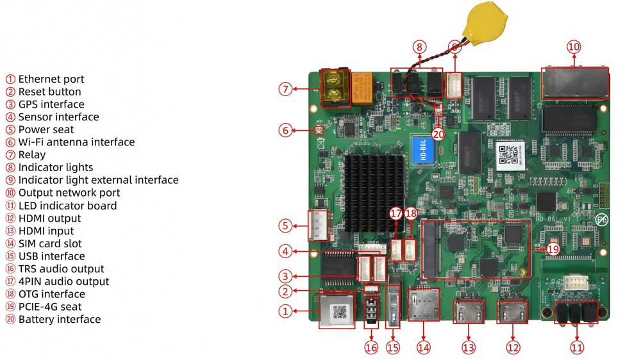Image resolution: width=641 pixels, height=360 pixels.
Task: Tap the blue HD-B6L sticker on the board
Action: point(423,149)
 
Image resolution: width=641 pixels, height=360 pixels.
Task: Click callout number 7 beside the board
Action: point(286,90)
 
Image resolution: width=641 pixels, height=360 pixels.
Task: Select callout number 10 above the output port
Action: point(573,47)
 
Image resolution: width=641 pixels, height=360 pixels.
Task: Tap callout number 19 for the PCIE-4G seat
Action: point(552,249)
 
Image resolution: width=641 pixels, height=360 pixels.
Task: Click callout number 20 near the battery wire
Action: point(438,134)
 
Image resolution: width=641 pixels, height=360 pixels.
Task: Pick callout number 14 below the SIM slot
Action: point(423,347)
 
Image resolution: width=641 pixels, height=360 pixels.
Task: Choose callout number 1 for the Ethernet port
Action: point(286,311)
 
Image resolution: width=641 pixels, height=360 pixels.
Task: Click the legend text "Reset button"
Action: point(49,92)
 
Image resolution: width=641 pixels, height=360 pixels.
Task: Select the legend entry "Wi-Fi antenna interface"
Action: point(76,142)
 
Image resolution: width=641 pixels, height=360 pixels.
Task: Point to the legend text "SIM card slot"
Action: point(50,243)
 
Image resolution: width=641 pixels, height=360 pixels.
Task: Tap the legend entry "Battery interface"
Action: point(59,319)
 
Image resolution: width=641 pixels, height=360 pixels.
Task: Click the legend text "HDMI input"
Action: point(46,231)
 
